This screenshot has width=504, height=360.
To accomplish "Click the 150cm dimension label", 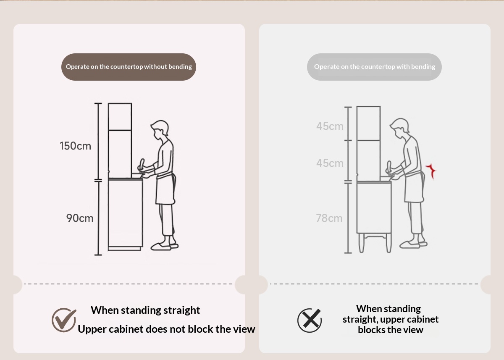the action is pyautogui.click(x=75, y=146).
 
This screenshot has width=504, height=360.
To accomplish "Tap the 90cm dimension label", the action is pyautogui.click(x=80, y=218).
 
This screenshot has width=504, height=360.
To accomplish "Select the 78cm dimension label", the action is pyautogui.click(x=329, y=218).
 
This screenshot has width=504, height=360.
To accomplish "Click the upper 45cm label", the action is pyautogui.click(x=330, y=126).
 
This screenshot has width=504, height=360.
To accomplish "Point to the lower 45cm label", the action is pyautogui.click(x=330, y=163).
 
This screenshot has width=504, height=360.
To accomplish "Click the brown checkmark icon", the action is pyautogui.click(x=64, y=320).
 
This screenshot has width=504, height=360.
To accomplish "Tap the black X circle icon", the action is pyautogui.click(x=310, y=321).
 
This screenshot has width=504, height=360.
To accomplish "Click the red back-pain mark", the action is pyautogui.click(x=431, y=171).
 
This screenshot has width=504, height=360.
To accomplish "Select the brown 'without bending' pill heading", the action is pyautogui.click(x=129, y=67).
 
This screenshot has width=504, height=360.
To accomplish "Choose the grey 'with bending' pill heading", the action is pyautogui.click(x=374, y=67).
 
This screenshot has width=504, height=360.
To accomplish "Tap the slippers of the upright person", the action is pyautogui.click(x=165, y=247).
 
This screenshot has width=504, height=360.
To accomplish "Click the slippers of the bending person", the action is pyautogui.click(x=414, y=244).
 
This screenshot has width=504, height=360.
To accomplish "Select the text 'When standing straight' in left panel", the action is pyautogui.click(x=145, y=310).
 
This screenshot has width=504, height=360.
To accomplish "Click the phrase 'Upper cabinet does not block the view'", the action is pyautogui.click(x=166, y=329).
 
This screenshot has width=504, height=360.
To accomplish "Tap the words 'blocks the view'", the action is pyautogui.click(x=390, y=330).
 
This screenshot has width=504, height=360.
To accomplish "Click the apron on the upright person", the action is pyautogui.click(x=165, y=189).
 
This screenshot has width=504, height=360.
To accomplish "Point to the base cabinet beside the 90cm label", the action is pyautogui.click(x=125, y=214).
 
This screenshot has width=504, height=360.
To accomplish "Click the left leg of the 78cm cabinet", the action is pyautogui.click(x=361, y=243).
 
